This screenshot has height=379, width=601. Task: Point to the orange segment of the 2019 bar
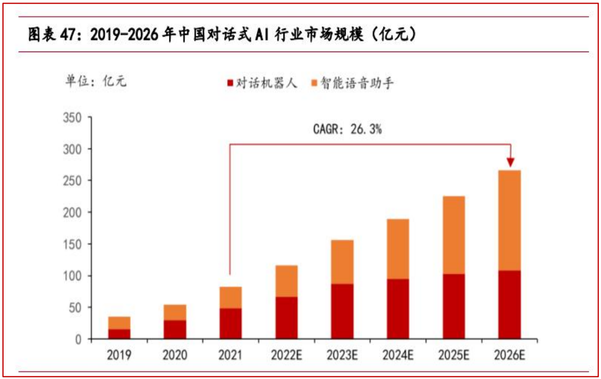118,323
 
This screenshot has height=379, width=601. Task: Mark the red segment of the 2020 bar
174,329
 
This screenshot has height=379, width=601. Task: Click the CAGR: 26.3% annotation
347,130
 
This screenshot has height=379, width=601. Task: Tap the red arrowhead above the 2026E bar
511,162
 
